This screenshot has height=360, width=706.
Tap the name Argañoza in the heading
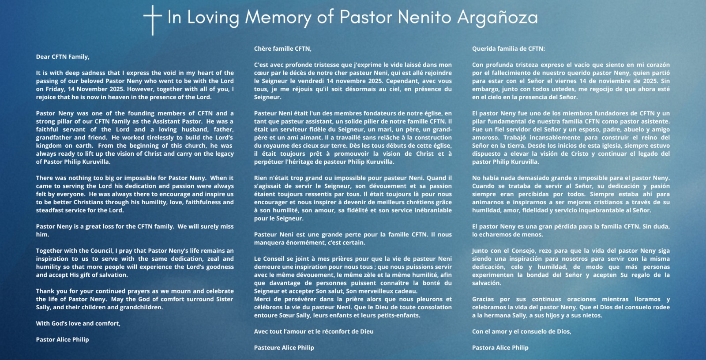[x=497, y=17]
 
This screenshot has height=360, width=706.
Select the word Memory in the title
[x=278, y=17]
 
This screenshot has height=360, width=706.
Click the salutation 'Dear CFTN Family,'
[x=63, y=57]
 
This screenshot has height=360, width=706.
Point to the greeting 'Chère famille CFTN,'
[x=283, y=49]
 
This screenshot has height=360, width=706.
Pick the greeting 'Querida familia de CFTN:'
[x=508, y=49]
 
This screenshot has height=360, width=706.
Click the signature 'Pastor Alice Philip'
[x=63, y=340]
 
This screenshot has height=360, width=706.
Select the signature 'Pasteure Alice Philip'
[x=284, y=348]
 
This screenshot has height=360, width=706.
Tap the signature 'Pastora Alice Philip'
[x=500, y=348]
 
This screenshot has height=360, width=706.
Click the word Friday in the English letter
[x=55, y=89]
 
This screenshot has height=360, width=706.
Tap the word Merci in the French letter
[x=263, y=299]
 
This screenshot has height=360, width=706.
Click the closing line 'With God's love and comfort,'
[x=78, y=323]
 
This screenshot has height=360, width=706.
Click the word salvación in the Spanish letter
[x=486, y=283]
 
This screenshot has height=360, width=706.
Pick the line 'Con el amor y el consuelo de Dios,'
[x=522, y=331]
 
